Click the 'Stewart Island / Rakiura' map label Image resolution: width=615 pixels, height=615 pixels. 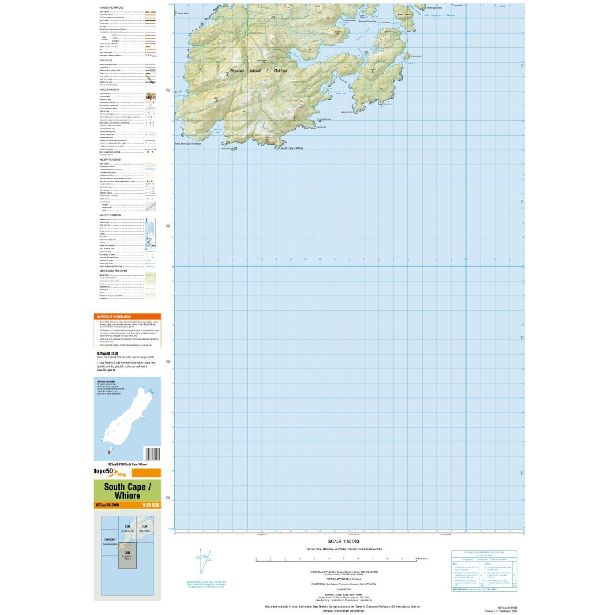tap(259, 71)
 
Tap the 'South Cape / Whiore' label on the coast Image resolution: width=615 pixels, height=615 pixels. tap(292, 148)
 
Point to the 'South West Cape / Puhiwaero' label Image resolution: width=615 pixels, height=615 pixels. tap(188, 144)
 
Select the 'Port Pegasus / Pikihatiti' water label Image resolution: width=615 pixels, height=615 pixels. tap(439, 15)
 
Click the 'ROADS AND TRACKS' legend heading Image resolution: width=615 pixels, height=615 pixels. tap(111, 7)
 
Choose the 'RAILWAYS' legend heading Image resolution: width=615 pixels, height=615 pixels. tap(105, 60)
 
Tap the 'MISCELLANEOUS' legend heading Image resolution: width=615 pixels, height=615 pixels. tap(109, 90)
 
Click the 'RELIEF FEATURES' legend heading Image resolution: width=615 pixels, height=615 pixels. tap(110, 160)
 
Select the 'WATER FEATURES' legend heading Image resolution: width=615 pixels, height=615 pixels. tap(110, 215)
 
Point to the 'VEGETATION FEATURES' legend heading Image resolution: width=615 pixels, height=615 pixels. tap(113, 271)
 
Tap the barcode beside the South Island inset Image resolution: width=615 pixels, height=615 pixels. tap(152, 454)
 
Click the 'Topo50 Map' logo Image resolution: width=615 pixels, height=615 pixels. tap(110, 472)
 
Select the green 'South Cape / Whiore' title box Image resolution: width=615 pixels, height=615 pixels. tap(127, 491)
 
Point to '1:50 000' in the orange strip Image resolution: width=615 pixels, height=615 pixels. tap(151, 505)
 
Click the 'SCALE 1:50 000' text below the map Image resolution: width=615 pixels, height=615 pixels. tap(343, 541)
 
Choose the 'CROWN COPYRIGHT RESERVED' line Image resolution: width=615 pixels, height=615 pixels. tap(344, 611)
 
